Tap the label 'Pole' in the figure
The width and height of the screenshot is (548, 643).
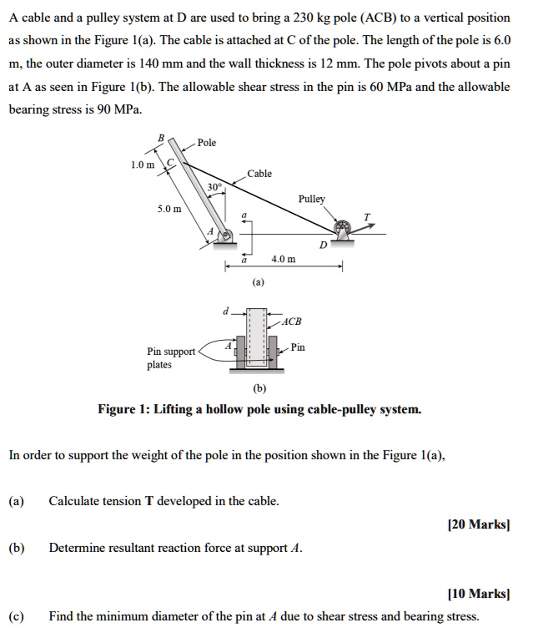207,143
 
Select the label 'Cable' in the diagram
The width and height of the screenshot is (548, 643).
259,174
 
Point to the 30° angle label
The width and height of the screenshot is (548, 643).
214,187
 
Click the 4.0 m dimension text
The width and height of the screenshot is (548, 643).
285,260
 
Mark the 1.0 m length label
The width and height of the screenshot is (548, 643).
143,165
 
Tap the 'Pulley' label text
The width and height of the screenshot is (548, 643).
312,200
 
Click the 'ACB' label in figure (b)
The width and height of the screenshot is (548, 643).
292,321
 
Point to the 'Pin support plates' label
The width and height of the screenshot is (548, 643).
170,358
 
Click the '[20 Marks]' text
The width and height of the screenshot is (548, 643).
478,524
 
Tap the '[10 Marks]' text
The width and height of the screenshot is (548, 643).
478,594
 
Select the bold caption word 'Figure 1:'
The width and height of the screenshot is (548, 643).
126,409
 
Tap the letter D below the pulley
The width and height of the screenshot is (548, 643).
322,246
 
